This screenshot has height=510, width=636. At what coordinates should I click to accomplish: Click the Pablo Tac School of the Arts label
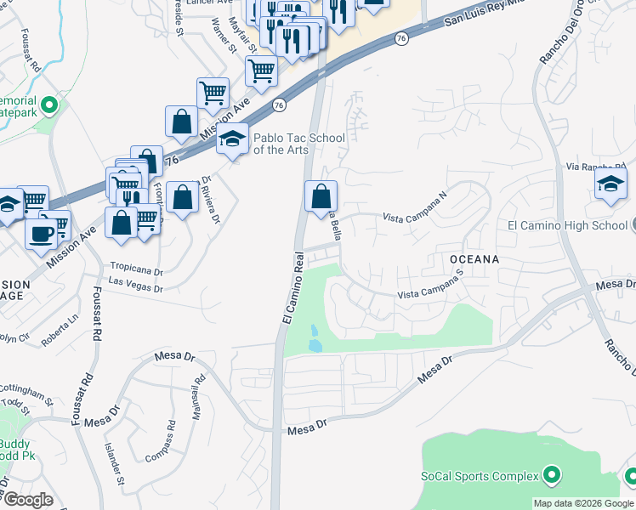click(x=299, y=144)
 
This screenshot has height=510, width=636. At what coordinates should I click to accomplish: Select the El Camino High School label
click(x=567, y=225)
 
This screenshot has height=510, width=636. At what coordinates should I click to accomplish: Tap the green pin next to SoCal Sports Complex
click(x=551, y=475)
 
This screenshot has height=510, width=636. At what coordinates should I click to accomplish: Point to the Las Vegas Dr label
click(x=136, y=286)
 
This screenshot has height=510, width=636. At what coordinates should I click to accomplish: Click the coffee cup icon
click(x=41, y=231)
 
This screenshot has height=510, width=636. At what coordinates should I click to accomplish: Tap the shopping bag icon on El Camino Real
click(x=321, y=196)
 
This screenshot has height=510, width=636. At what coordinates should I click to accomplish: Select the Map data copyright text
click(x=583, y=503)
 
